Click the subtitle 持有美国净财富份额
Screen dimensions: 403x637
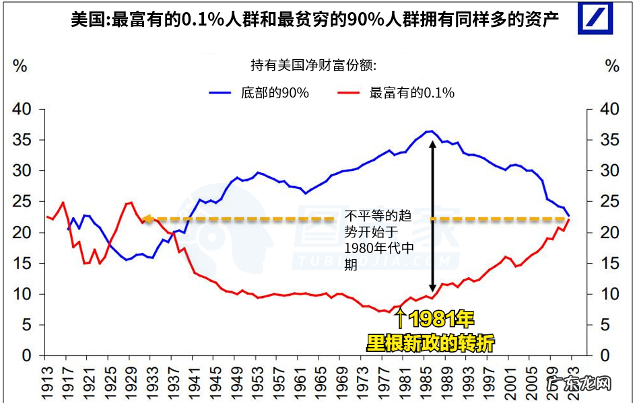click(x=313, y=65)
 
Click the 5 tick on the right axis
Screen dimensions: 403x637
click(x=603, y=325)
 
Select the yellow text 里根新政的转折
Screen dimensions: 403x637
click(x=430, y=343)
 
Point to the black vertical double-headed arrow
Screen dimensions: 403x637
click(x=432, y=215)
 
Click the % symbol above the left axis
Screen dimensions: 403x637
click(x=20, y=66)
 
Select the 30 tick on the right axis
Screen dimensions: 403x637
click(x=603, y=171)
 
